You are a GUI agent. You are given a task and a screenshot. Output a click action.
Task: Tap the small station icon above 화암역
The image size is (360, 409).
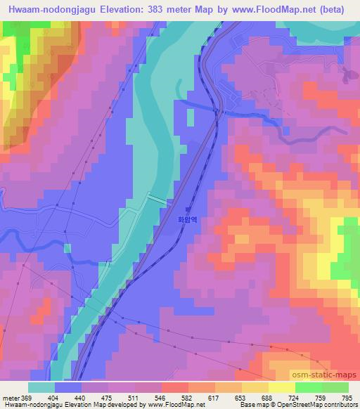click(x=187, y=209)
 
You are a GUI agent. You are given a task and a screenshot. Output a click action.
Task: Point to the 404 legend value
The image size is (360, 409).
click(x=54, y=398)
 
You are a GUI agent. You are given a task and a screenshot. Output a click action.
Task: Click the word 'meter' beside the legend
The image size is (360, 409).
click(x=11, y=398)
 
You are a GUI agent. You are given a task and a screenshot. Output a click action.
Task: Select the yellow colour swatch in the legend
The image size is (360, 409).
click(x=281, y=387)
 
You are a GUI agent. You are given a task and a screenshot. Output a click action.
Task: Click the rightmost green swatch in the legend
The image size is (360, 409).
click(x=335, y=387)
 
